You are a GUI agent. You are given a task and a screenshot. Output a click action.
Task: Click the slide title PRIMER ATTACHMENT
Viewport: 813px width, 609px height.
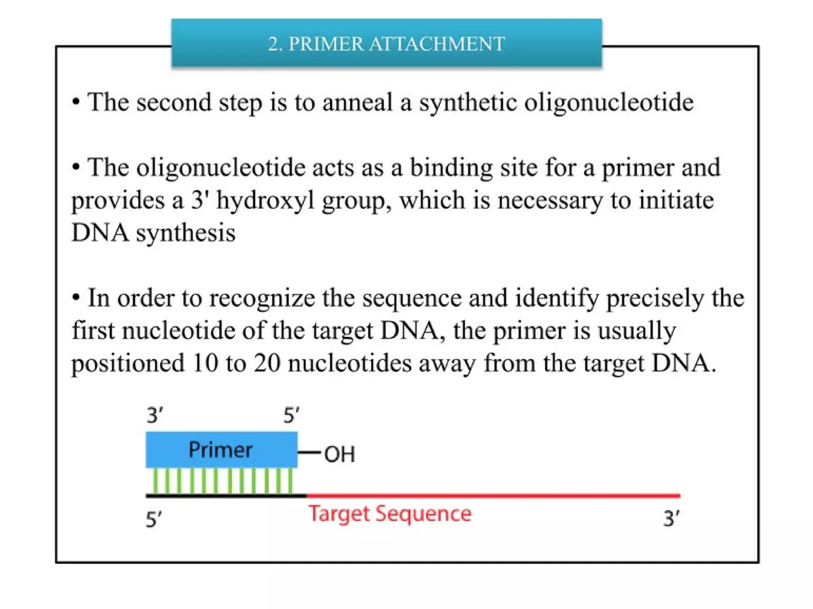point(386,44)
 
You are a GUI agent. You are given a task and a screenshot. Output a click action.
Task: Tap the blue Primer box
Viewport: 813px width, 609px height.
point(221,450)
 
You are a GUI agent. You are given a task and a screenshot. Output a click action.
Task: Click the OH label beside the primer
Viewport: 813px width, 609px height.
point(339,454)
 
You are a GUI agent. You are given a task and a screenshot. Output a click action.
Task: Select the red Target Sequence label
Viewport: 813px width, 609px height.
point(390,514)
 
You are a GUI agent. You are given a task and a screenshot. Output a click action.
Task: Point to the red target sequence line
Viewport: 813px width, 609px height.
point(492,496)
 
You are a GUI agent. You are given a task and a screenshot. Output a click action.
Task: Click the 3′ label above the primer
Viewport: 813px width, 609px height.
point(154,416)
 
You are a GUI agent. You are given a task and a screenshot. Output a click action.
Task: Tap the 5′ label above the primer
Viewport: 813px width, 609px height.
point(291,416)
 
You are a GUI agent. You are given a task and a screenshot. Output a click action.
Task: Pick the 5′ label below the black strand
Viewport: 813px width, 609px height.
point(154,519)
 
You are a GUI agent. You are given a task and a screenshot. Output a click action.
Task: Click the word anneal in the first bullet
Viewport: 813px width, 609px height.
point(357,102)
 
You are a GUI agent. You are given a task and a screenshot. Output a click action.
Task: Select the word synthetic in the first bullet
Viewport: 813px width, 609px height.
point(468,103)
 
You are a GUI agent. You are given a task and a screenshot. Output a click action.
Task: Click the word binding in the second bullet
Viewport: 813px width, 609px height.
point(451,168)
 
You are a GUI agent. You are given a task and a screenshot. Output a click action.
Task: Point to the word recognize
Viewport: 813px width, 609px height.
point(262,298)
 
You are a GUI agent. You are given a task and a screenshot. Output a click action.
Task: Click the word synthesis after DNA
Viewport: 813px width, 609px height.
point(185,233)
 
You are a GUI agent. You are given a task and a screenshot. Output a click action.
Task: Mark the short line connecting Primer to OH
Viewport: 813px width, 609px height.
point(309,452)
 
